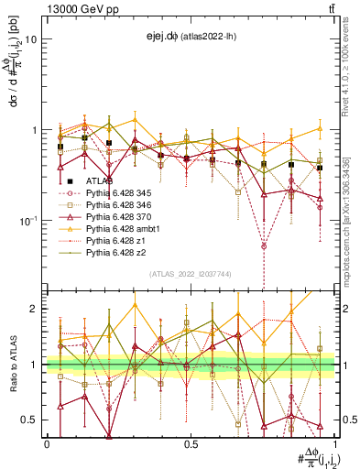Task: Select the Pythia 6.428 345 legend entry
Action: (111, 193)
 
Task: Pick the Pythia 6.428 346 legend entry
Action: (111, 205)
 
